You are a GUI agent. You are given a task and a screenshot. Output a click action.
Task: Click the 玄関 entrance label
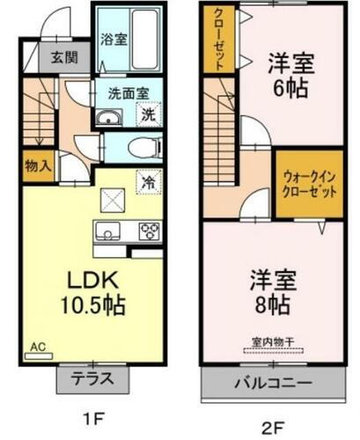point(62,59)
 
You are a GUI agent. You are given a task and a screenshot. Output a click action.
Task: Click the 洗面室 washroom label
point(126,91)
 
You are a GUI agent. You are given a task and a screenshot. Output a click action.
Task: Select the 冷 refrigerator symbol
point(149,181)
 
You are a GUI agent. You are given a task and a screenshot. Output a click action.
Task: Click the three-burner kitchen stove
point(148,232)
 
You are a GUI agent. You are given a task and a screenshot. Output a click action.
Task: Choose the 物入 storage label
point(38,164)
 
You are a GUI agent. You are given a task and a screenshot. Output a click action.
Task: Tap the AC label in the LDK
point(39,346)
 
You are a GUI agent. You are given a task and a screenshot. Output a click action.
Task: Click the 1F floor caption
point(94,421)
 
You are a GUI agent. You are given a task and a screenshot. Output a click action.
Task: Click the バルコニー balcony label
point(272,384)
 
